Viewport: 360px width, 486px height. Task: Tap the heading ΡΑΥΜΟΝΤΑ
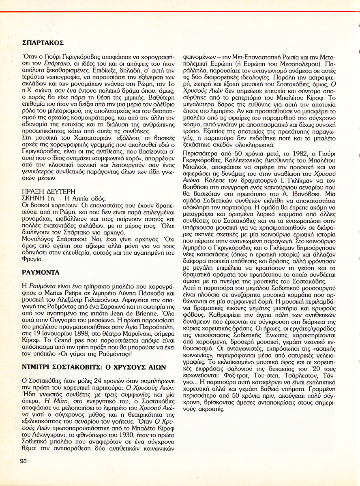41,272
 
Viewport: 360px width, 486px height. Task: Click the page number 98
23,460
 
